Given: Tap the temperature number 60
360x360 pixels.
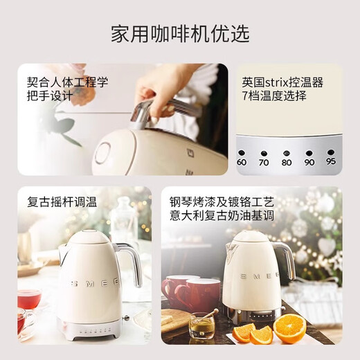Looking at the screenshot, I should (x=242, y=162).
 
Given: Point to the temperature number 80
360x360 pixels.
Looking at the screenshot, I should (x=287, y=162).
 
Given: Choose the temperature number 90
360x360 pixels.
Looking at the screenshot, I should (x=309, y=162).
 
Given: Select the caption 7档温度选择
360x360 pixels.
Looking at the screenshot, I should (x=274, y=96).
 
